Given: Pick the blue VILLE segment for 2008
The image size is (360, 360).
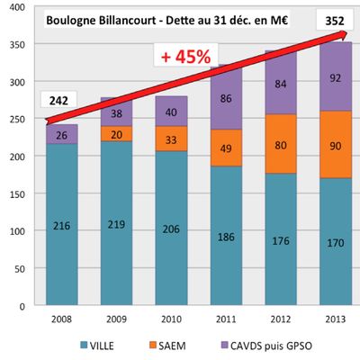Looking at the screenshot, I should (x=62, y=225).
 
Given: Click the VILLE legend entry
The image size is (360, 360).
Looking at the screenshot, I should (x=107, y=343).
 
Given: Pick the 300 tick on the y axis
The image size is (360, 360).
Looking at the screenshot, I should (x=18, y=81).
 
